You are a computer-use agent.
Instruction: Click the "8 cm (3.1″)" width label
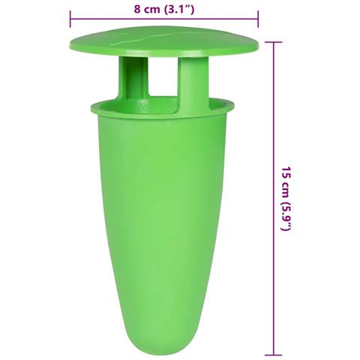[x=164, y=10]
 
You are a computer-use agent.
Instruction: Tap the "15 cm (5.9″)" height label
[x=286, y=199]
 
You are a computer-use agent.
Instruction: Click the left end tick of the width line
[x=70, y=19]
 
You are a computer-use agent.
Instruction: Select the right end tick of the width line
[x=258, y=19]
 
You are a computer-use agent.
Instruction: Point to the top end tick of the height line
[x=273, y=42]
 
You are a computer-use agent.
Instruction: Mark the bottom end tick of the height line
[x=273, y=355]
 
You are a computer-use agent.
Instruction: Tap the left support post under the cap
[x=133, y=77]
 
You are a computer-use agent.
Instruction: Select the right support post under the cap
[x=193, y=84]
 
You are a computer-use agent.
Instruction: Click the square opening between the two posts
[x=163, y=76]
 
